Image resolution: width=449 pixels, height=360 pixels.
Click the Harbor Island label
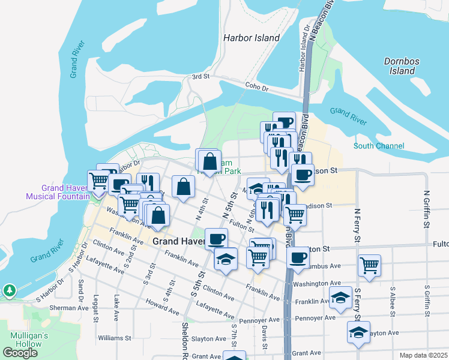click(x=252, y=38)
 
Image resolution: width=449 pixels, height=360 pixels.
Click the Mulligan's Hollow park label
click(x=25, y=340)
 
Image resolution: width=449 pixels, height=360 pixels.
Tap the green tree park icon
click(x=9, y=291)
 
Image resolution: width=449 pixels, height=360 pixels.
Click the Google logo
click(x=20, y=353)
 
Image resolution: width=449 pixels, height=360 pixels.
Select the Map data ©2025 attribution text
click(x=423, y=355)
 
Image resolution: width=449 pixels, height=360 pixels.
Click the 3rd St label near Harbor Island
click(x=200, y=77)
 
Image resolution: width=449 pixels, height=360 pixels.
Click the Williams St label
click(x=114, y=338)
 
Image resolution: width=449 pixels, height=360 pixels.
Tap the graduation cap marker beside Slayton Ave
click(x=358, y=332)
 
